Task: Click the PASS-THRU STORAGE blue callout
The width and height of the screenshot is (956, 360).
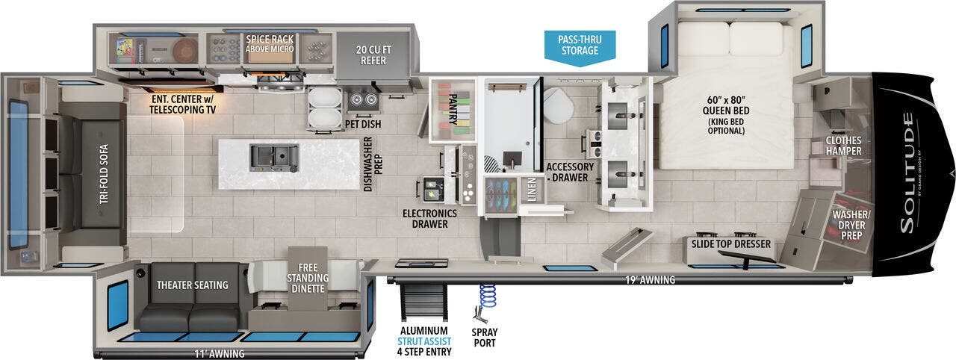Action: [580, 45]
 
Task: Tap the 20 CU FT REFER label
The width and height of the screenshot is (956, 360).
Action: [371, 55]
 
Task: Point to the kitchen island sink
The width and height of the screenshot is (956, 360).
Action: [273, 156]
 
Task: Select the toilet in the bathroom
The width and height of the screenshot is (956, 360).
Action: [557, 108]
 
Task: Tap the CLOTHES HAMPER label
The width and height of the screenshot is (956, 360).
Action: [843, 146]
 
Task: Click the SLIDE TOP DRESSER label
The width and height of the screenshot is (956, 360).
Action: [730, 244]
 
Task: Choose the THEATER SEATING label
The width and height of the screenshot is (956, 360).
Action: [192, 285]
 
